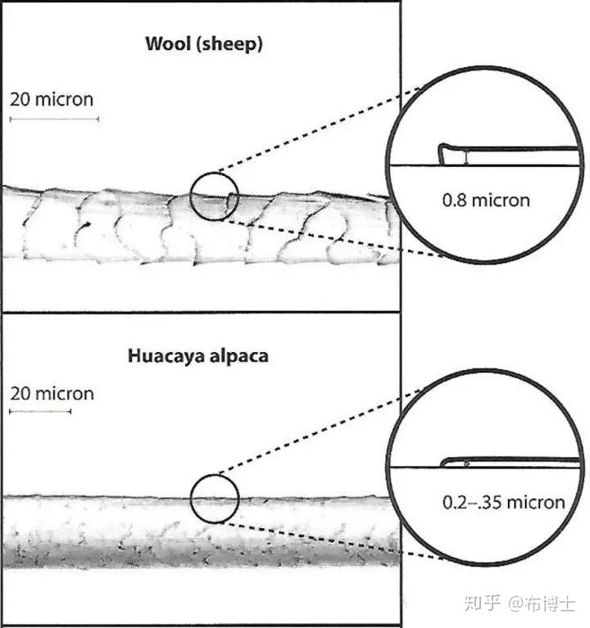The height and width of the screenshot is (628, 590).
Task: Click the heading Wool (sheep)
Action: click(204, 44)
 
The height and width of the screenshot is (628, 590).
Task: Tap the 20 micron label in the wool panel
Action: click(52, 100)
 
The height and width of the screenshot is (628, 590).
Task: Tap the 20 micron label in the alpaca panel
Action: click(52, 393)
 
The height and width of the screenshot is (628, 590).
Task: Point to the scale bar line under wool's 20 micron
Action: click(54, 120)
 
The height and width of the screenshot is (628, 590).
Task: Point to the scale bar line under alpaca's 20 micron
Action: click(40, 411)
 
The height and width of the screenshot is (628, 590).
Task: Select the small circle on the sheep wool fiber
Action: click(214, 197)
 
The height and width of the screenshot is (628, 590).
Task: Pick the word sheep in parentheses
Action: click(234, 45)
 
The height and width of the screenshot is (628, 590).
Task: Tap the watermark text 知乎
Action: click(479, 604)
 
